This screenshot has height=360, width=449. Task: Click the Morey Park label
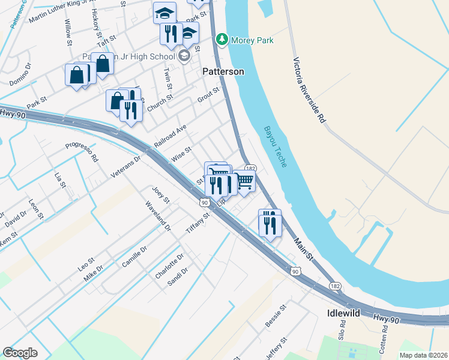tap(253, 40)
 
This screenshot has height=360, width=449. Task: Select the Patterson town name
tap(223, 71)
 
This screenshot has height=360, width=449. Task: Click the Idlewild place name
tap(344, 313)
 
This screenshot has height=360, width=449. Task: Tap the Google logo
tap(20, 353)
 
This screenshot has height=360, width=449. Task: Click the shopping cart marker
tap(244, 181)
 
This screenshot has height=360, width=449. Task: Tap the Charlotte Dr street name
tap(169, 266)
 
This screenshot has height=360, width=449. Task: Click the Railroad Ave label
tap(170, 137)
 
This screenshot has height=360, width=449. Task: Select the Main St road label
tap(304, 248)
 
